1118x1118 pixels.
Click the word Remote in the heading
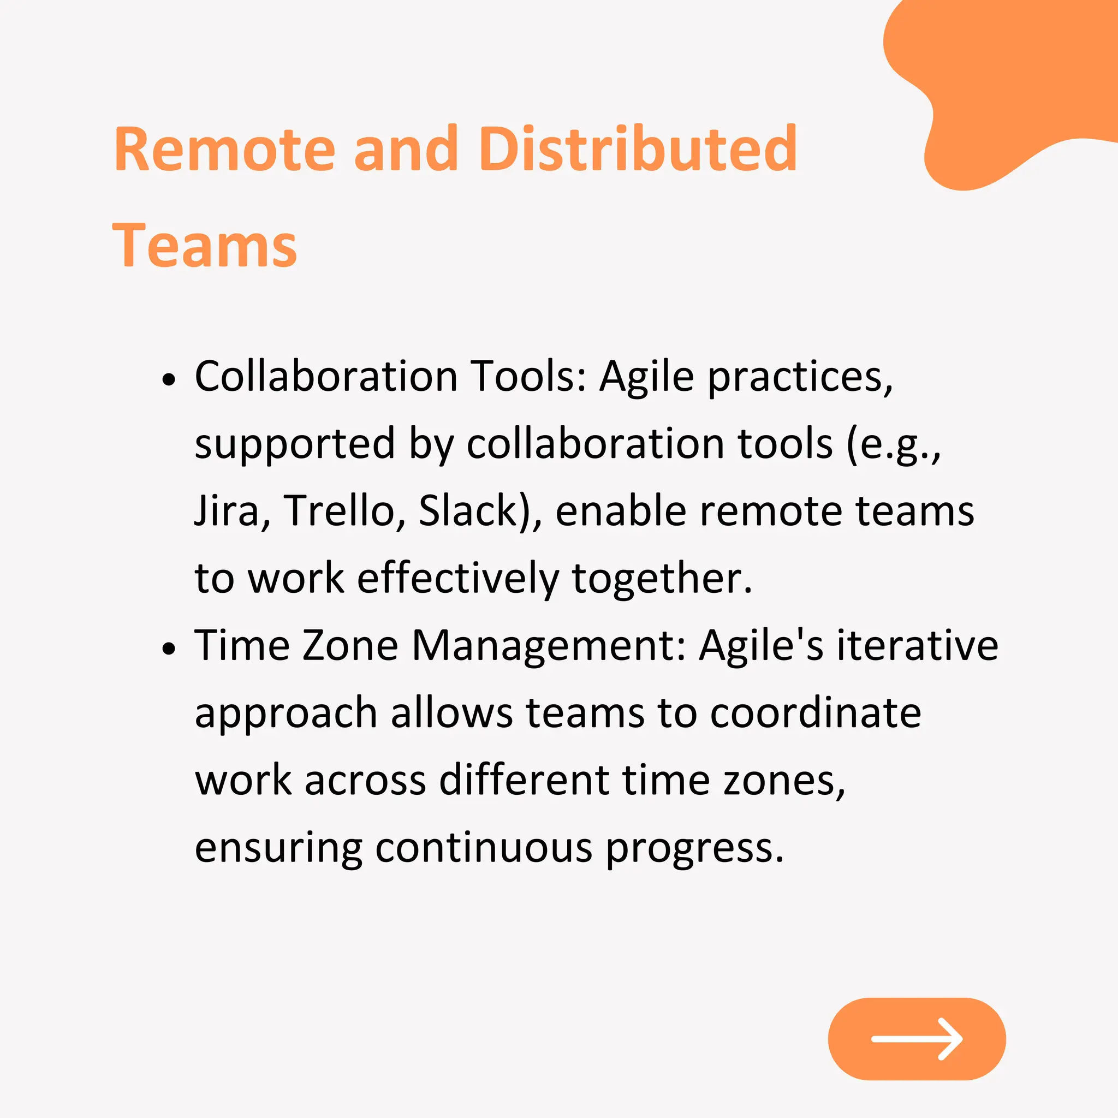click(224, 149)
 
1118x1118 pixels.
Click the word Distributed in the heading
click(638, 149)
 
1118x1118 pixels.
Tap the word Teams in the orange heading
click(205, 247)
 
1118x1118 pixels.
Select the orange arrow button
click(917, 1039)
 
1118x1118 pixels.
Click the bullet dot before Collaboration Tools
click(168, 379)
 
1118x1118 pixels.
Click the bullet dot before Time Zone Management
click(168, 648)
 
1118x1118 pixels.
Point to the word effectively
click(457, 578)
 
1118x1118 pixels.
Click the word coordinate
click(816, 712)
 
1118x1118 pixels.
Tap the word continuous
click(484, 848)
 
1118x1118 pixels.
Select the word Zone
click(350, 646)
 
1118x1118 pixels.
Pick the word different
click(524, 780)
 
